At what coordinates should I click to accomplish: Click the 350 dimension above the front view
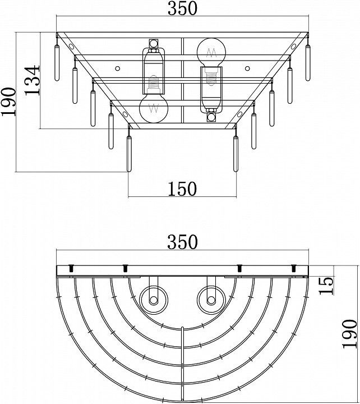[182, 8]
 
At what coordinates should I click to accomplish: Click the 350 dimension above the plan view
[182, 242]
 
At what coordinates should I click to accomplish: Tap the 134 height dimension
[33, 80]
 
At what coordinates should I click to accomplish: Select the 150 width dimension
[182, 189]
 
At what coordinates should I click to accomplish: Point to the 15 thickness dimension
[326, 286]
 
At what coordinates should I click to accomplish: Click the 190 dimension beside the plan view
[349, 334]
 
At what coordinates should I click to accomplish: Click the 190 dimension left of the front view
[8, 102]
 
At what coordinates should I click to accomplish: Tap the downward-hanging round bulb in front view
[154, 108]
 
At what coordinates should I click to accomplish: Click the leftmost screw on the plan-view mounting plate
[71, 268]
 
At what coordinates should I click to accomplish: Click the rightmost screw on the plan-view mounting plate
[293, 268]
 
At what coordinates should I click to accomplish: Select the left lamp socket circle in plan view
[154, 300]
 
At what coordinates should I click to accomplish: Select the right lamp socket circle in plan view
[211, 300]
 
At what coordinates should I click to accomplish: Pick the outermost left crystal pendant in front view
[57, 63]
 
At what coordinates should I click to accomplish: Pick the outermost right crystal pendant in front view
[308, 63]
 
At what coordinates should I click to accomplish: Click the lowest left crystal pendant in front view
[129, 154]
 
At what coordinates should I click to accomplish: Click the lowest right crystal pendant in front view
[236, 154]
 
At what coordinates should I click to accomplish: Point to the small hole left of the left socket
[118, 68]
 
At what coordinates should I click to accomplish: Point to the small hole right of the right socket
[247, 68]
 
